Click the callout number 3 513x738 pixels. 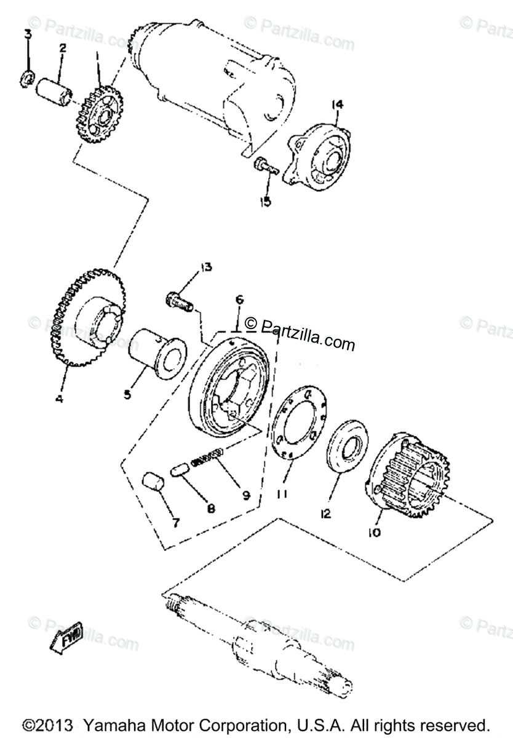pyautogui.click(x=28, y=34)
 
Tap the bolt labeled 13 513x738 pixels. pyautogui.click(x=179, y=301)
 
